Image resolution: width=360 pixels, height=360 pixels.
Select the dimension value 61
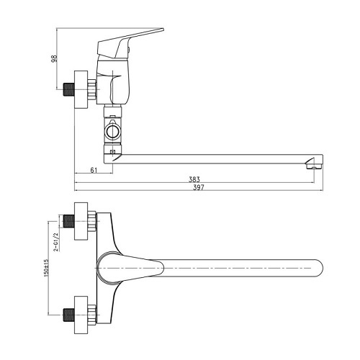point(94,170)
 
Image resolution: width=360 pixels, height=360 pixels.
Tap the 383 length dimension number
point(194,180)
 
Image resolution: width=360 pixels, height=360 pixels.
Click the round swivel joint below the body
point(112,132)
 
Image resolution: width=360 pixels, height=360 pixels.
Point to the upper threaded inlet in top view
point(70,222)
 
